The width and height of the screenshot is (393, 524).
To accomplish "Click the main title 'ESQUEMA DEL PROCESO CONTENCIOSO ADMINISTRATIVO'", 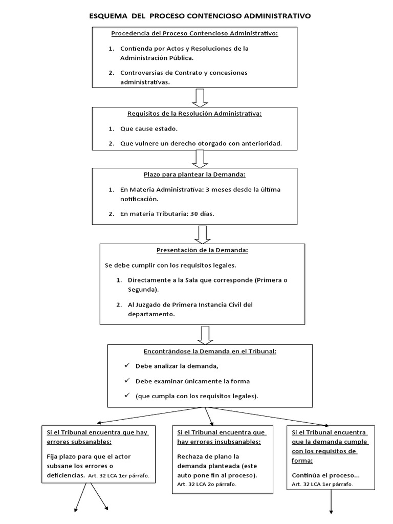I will [x=200, y=16].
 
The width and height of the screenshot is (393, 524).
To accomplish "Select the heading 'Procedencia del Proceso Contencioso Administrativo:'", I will [x=194, y=34].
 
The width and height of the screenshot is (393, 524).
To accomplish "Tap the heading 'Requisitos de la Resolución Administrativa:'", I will [x=194, y=114].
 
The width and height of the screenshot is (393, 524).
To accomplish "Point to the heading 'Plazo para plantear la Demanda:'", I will [x=194, y=174].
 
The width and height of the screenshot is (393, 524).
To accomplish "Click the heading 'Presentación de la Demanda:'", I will [x=202, y=250].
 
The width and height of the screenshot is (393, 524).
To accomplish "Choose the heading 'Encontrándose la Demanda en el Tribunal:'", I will [x=210, y=351].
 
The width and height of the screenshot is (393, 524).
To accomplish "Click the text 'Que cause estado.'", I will [x=149, y=128].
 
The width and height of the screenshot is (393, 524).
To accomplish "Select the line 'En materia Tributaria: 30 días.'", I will [x=167, y=214].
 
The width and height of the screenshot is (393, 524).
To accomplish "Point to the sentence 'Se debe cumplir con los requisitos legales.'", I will [x=170, y=266].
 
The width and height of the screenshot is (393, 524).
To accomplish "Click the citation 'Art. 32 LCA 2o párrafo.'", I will [x=207, y=484].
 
